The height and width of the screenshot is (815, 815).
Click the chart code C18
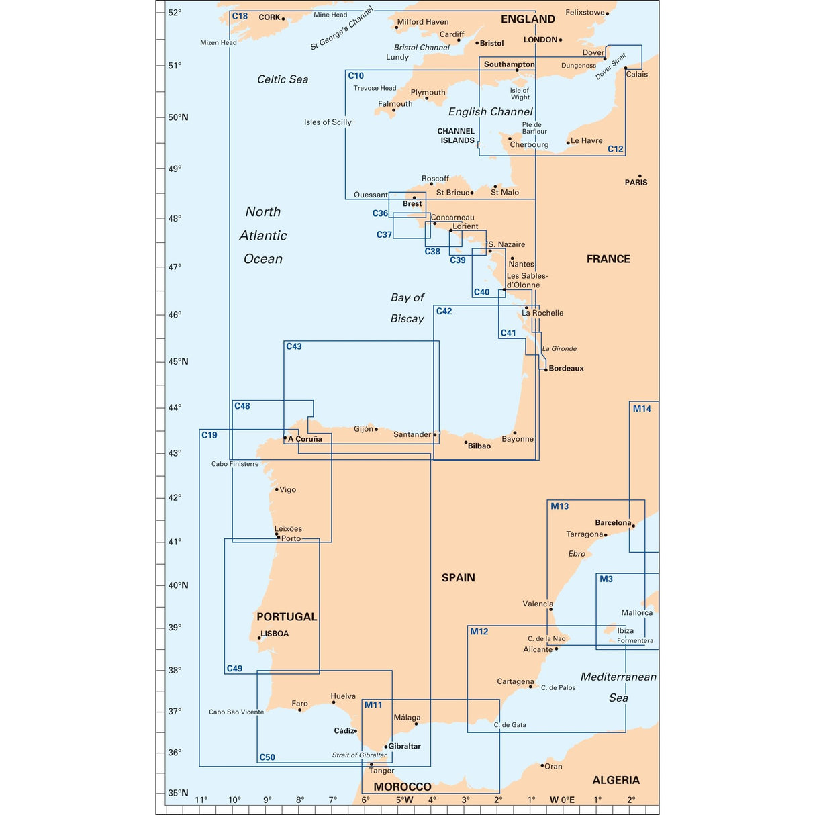pyautogui.click(x=240, y=16)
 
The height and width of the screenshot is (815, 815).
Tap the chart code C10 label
pyautogui.click(x=356, y=76)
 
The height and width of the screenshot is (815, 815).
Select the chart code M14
pyautogui.click(x=642, y=409)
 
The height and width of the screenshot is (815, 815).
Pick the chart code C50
pyautogui.click(x=267, y=757)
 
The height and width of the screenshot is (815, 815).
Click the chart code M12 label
pyautogui.click(x=479, y=632)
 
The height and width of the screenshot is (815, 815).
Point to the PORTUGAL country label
pyautogui.click(x=287, y=617)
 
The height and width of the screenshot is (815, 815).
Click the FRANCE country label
pyautogui.click(x=608, y=259)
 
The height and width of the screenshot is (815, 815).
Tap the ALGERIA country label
pyautogui.click(x=616, y=780)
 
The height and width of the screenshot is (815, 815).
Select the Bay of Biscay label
pyautogui.click(x=407, y=308)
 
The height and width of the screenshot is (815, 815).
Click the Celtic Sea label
pyautogui.click(x=283, y=79)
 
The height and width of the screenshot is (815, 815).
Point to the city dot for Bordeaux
pyautogui.click(x=546, y=369)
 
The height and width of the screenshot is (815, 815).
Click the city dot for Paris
pyautogui.click(x=640, y=176)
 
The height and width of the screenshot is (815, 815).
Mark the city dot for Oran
pyautogui.click(x=542, y=765)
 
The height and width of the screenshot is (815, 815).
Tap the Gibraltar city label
pyautogui.click(x=404, y=746)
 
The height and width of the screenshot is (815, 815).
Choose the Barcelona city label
pyautogui.click(x=613, y=523)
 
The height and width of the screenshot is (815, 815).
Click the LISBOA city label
pyautogui.click(x=275, y=634)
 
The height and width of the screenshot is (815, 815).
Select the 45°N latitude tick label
pyautogui.click(x=178, y=361)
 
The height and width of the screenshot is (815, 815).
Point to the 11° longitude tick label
pyautogui.click(x=201, y=800)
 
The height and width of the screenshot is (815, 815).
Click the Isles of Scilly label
pyautogui.click(x=328, y=122)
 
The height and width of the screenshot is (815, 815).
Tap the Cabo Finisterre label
pyautogui.click(x=235, y=464)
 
